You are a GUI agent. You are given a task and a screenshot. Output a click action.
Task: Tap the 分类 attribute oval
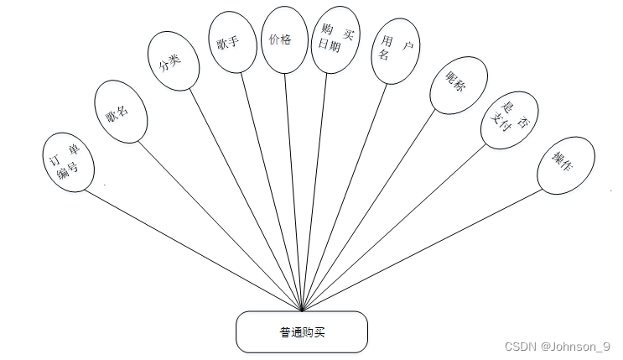pyautogui.click(x=174, y=60)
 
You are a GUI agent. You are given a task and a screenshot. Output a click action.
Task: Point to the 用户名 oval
pyautogui.click(x=392, y=53)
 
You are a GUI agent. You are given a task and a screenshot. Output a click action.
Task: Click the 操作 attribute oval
pyautogui.click(x=567, y=164)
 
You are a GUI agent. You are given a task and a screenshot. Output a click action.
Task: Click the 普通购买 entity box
pyautogui.click(x=302, y=331)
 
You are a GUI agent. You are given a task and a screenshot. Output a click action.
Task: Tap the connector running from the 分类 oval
pyautogui.click(x=247, y=200)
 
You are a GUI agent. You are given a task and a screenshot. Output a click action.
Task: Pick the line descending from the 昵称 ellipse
pyautogui.click(x=369, y=210)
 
